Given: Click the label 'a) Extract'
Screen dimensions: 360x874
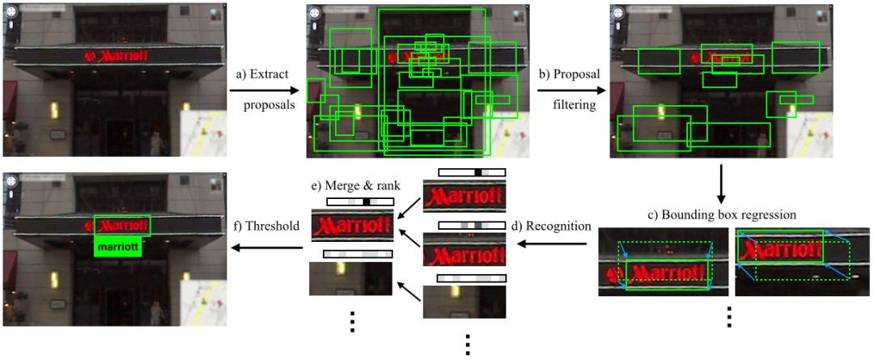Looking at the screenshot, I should pyautogui.click(x=262, y=74).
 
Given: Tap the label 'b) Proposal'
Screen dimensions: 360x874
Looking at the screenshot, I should pyautogui.click(x=569, y=74).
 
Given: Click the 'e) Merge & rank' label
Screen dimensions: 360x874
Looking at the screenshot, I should pyautogui.click(x=350, y=187).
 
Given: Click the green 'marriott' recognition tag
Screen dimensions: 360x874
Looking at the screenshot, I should pyautogui.click(x=119, y=246).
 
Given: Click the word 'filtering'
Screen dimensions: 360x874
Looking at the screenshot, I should pyautogui.click(x=569, y=105).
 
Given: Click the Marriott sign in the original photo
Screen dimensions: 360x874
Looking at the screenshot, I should pyautogui.click(x=116, y=56).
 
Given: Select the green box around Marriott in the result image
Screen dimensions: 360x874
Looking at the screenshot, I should pyautogui.click(x=121, y=225).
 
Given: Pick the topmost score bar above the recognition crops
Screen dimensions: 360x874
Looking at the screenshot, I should pyautogui.click(x=472, y=172).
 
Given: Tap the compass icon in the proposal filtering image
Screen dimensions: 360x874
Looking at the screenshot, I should pyautogui.click(x=619, y=15).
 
